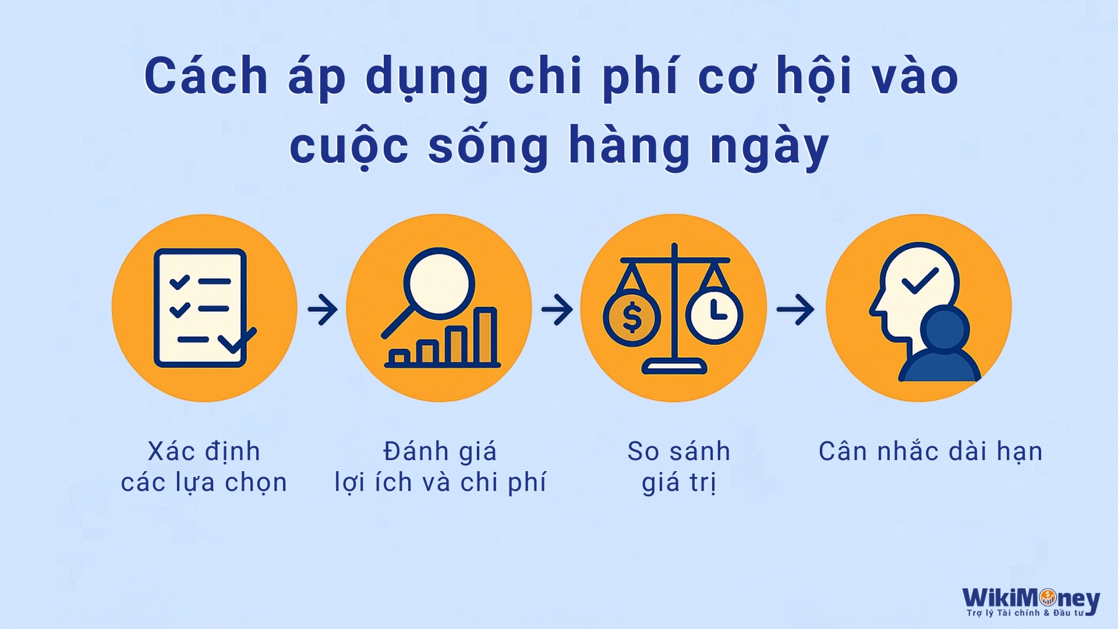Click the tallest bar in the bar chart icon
(486, 336)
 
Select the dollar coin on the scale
(632, 317)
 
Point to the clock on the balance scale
(714, 315)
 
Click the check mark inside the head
(920, 281)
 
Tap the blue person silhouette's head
(944, 329)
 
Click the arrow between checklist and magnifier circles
(323, 309)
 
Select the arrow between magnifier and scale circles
(557, 309)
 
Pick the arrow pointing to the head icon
(795, 309)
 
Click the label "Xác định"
(204, 451)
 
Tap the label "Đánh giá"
(440, 451)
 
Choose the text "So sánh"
(678, 451)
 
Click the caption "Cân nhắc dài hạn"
(930, 451)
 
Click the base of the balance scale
(674, 367)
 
